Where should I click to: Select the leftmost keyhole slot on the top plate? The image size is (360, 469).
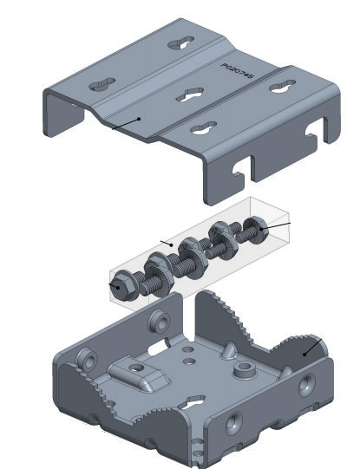click(101, 84)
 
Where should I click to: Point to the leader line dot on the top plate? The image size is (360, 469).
click(139, 118)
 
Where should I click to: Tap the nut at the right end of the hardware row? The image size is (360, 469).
click(255, 229)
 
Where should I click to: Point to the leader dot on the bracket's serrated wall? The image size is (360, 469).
click(304, 353)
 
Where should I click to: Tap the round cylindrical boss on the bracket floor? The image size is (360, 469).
click(245, 371)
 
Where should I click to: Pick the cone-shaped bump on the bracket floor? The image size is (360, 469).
click(228, 351)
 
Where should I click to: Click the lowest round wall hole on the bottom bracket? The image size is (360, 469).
click(233, 424)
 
